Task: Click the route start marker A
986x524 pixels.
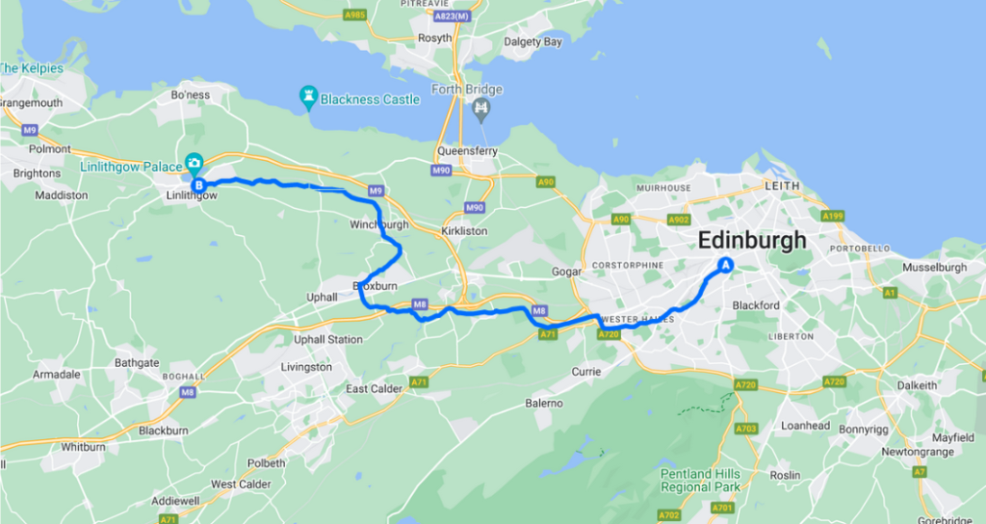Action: click(726, 266)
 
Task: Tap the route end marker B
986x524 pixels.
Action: click(198, 185)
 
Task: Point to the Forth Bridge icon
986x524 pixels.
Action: click(480, 110)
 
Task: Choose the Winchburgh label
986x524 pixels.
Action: click(379, 225)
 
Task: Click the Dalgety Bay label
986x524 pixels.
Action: click(533, 41)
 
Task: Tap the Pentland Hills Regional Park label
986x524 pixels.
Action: click(700, 481)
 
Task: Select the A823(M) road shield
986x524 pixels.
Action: click(454, 15)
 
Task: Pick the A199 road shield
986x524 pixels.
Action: click(834, 215)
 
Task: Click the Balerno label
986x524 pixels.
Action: click(544, 403)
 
